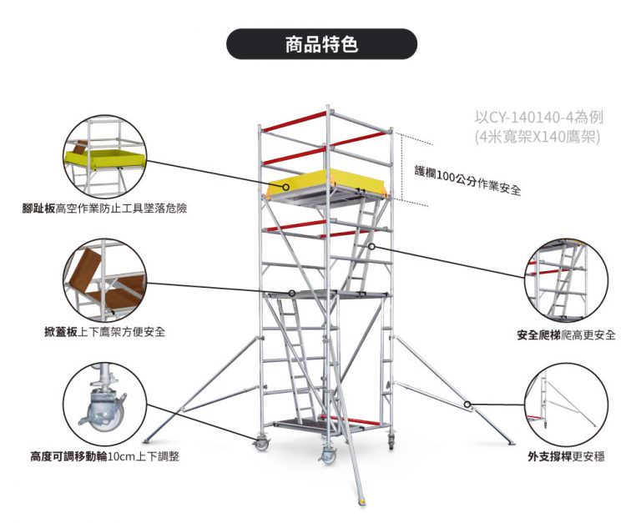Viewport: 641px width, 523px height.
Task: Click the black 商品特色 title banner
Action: click(x=321, y=44)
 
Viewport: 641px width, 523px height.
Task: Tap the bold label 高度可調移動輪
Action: click(x=69, y=456)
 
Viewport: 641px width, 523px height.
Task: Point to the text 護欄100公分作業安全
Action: click(x=467, y=179)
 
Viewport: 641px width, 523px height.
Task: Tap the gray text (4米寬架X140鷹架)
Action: click(x=536, y=137)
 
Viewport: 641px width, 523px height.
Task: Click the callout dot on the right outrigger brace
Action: click(x=469, y=405)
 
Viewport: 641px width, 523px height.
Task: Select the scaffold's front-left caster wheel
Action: click(x=261, y=444)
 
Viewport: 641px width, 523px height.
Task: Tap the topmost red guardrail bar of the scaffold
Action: click(x=292, y=122)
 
